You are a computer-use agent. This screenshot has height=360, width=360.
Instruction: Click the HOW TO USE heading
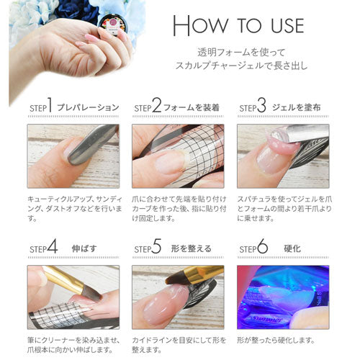coord(238,26)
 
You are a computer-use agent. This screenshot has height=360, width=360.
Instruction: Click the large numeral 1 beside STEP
coord(50,105)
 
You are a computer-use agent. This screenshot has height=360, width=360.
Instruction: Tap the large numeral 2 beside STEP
coord(156,105)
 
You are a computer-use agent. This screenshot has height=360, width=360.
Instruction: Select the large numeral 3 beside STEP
coord(261,105)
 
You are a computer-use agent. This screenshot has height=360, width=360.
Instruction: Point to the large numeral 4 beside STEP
coord(53,246)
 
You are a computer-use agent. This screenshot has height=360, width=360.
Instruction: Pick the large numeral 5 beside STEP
coord(156,246)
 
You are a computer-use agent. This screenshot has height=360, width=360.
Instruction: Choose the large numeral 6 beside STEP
coord(262,246)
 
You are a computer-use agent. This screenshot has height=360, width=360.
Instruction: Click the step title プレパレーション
coord(88,107)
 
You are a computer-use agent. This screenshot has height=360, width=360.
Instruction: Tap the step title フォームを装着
coord(192,107)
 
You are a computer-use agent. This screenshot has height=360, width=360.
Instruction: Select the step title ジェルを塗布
coord(297,107)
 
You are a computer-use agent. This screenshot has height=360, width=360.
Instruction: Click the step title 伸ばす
coord(84,248)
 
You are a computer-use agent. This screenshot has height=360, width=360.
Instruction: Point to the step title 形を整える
coord(192,248)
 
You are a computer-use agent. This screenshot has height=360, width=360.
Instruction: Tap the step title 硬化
coord(292,248)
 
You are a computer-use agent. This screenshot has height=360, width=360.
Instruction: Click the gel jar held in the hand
coord(112,25)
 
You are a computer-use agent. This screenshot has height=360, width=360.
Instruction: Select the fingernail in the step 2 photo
coord(170,161)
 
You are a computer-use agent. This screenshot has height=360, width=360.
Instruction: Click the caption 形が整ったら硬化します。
coord(276,340)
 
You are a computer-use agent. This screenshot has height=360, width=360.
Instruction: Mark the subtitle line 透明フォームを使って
coord(241,53)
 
